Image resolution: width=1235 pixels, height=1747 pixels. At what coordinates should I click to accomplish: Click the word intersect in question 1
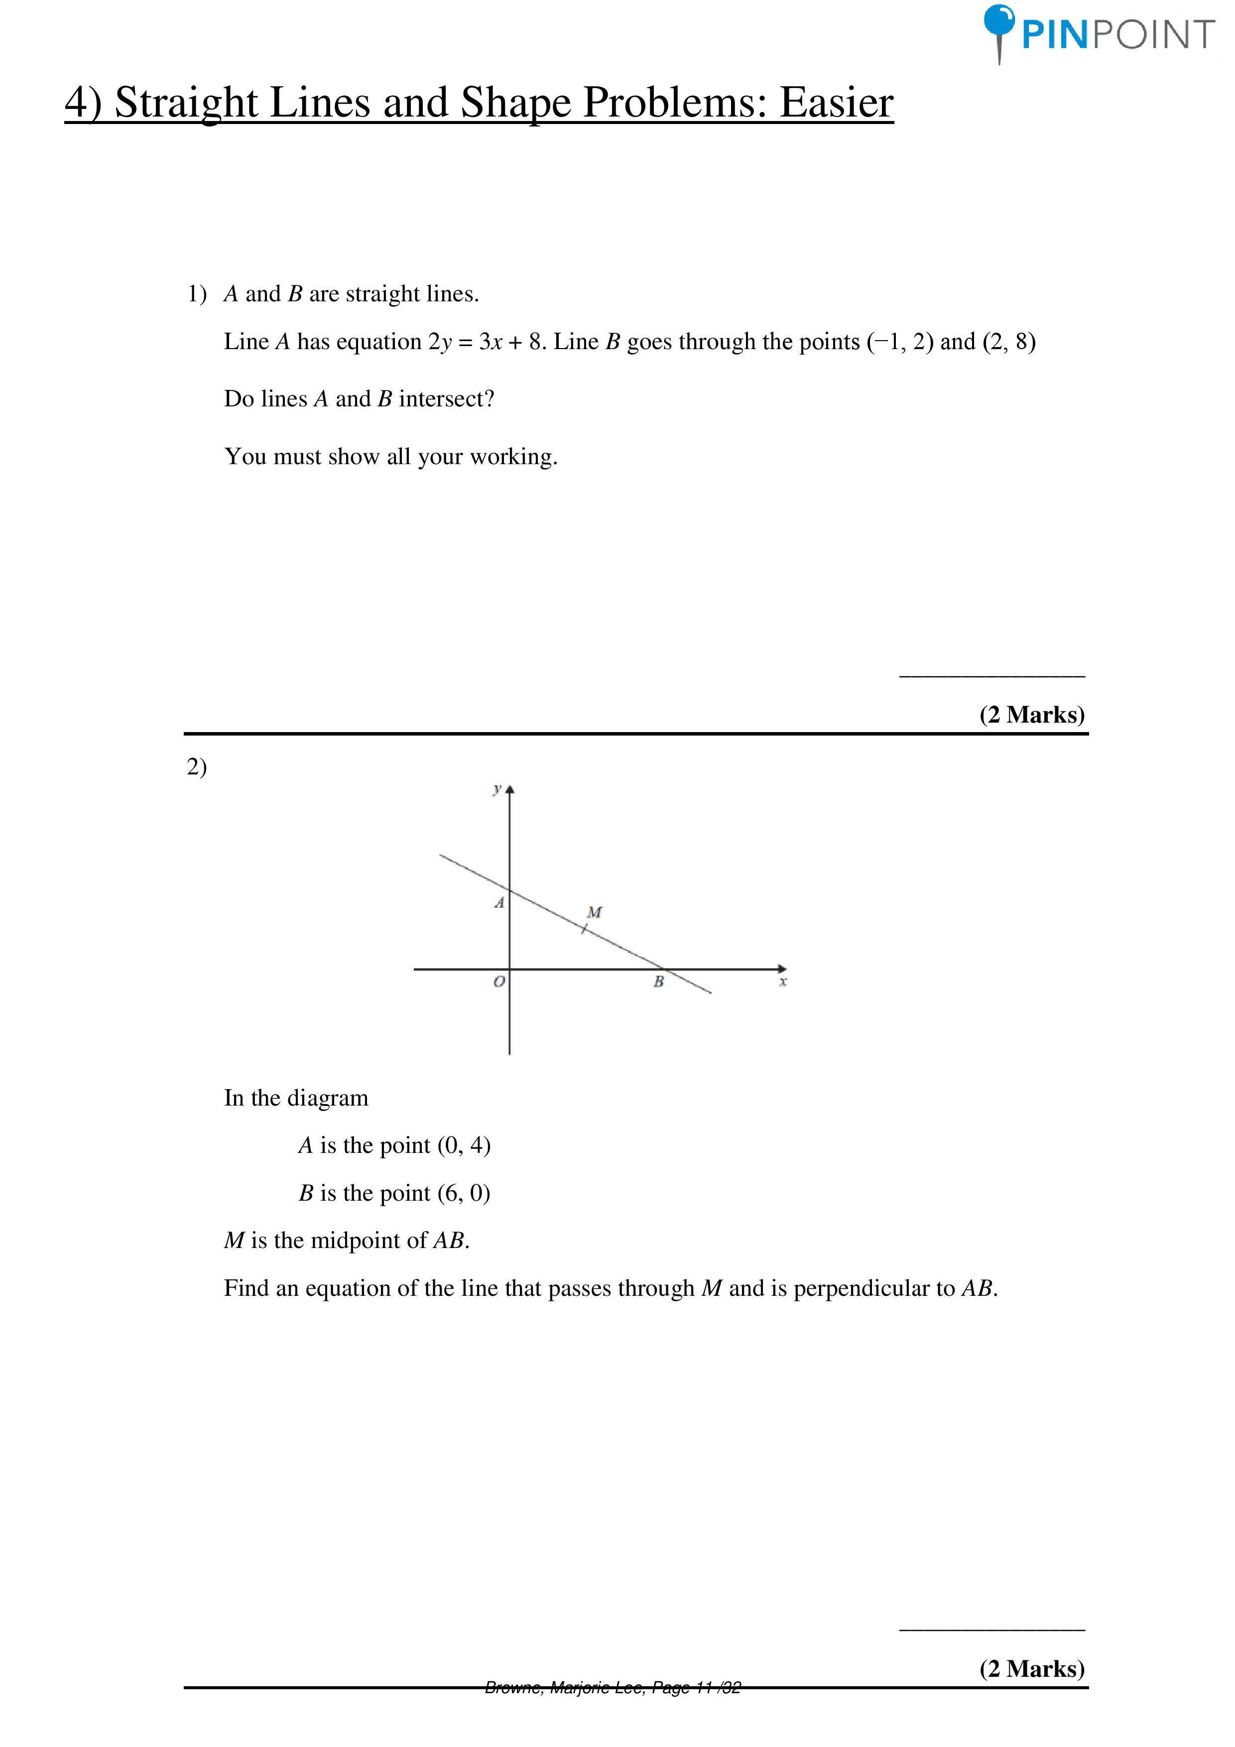pyautogui.click(x=441, y=399)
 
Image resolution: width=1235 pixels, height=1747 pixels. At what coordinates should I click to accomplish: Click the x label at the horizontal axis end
pyautogui.click(x=783, y=982)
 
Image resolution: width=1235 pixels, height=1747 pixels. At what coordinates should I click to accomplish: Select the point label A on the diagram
pyautogui.click(x=499, y=903)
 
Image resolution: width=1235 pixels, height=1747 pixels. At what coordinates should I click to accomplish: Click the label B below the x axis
pyautogui.click(x=658, y=982)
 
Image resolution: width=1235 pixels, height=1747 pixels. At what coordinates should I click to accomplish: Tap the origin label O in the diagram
pyautogui.click(x=499, y=982)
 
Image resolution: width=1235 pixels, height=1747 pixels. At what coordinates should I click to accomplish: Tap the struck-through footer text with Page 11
pyautogui.click(x=613, y=1688)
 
